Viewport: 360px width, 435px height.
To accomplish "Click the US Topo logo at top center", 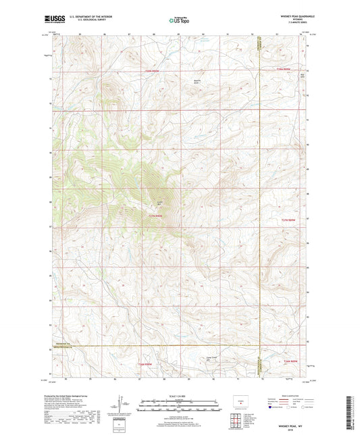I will click(179, 21).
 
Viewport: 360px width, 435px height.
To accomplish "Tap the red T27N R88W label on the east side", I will click(288, 221).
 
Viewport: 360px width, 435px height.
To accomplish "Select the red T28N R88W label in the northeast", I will click(287, 70).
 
